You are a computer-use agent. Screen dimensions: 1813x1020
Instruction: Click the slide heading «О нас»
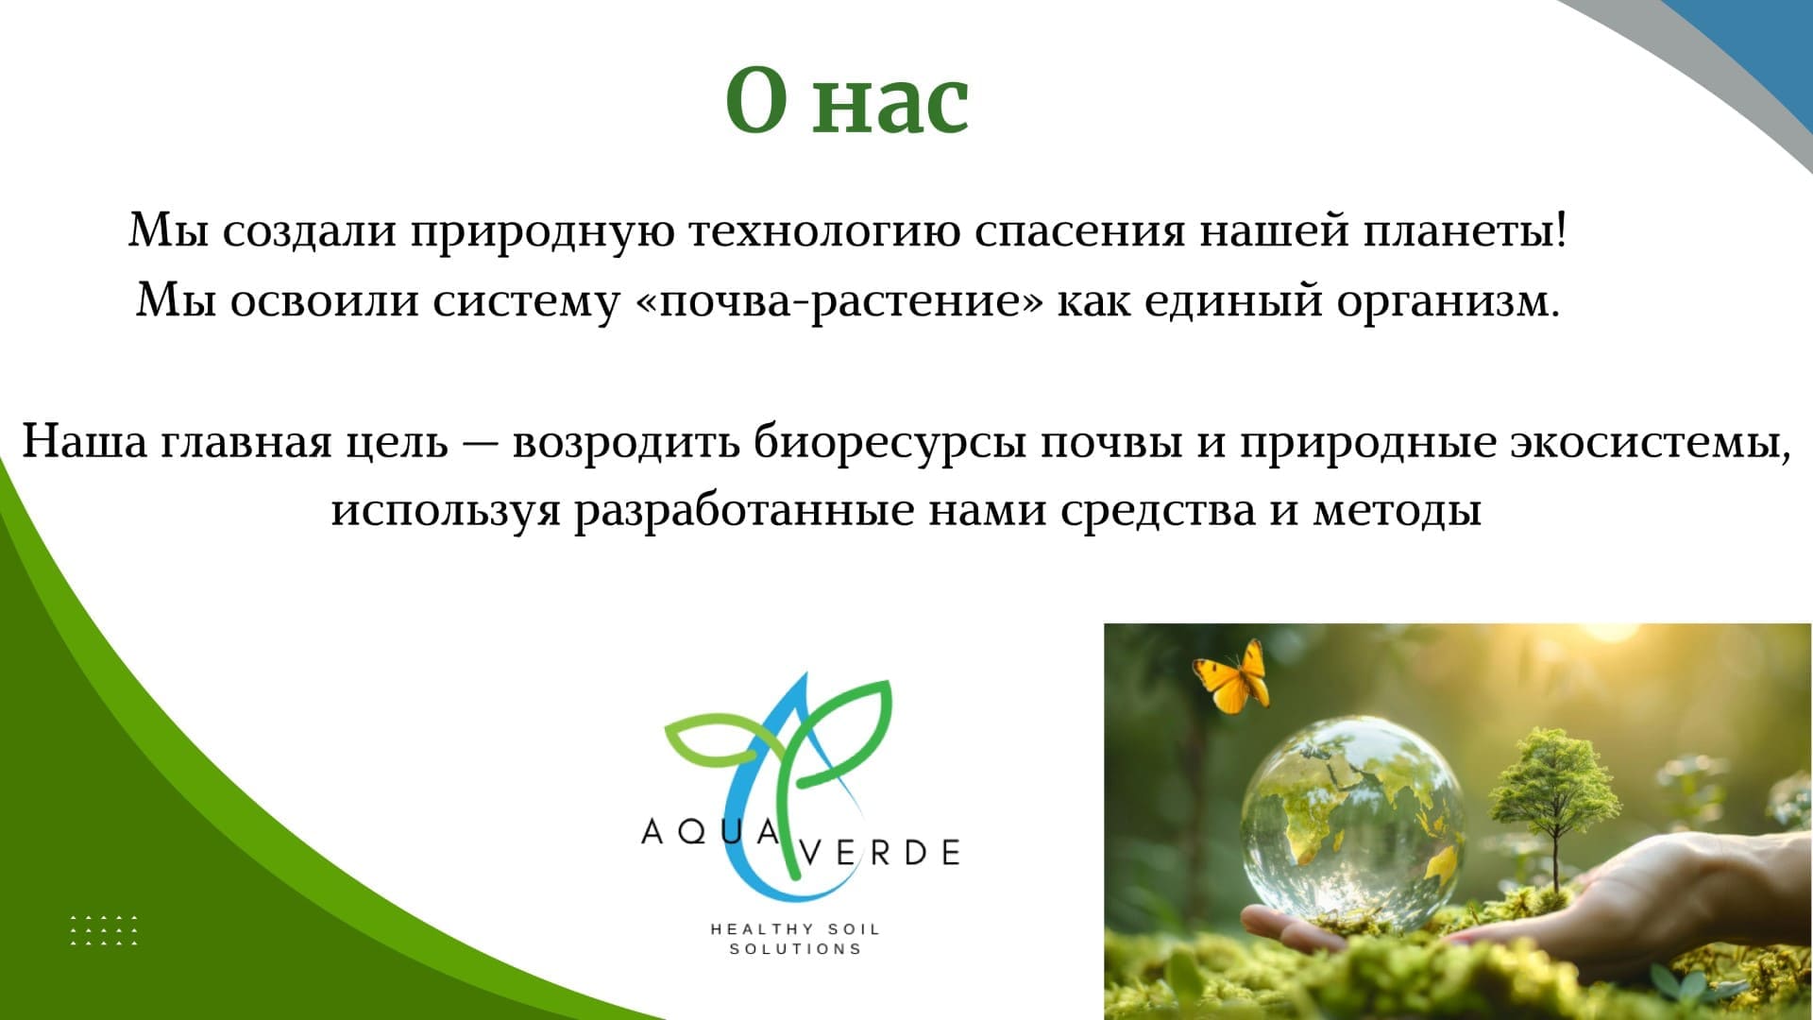[847, 100]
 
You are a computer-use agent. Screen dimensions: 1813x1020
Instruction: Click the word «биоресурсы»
[890, 443]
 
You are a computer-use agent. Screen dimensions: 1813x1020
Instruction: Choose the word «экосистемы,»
[1650, 443]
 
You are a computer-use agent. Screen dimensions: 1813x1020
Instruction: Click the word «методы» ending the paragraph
[1397, 511]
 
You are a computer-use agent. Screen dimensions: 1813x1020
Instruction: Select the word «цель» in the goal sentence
[397, 443]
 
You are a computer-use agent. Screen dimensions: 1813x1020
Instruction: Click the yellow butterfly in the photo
[1231, 676]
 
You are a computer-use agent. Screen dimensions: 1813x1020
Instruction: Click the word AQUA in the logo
[710, 833]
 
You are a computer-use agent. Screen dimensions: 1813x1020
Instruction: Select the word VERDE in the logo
[880, 853]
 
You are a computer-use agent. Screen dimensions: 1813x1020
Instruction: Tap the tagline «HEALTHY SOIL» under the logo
[795, 929]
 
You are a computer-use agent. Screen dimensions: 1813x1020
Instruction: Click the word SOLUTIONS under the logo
[795, 949]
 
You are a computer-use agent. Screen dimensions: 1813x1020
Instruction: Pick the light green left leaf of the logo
[718, 740]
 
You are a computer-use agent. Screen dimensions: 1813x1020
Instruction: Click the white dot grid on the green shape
[104, 930]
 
